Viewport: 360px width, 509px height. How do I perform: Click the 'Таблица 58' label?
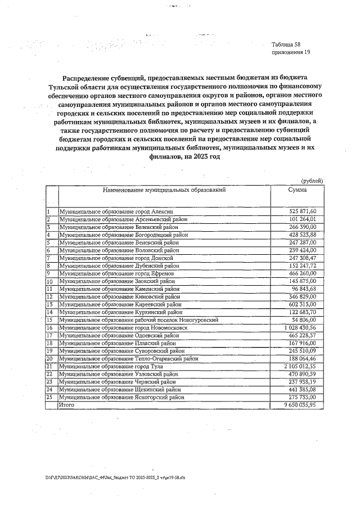[286, 44]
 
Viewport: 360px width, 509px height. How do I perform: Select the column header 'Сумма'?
[297, 190]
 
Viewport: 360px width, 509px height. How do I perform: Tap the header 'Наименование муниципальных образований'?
[164, 190]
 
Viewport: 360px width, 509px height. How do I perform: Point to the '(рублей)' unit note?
[312, 181]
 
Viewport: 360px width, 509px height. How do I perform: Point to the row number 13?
[49, 304]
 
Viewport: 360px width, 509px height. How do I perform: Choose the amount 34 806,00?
[304, 319]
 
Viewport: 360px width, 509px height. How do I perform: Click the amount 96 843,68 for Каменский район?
[304, 289]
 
